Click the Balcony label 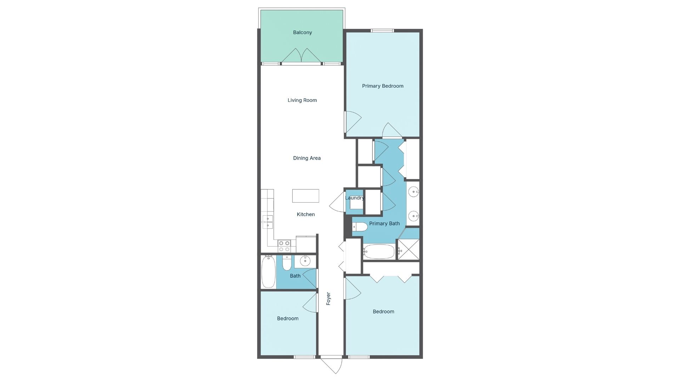[302, 33]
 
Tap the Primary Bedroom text [382, 86]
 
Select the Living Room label [302, 100]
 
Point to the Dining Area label [307, 158]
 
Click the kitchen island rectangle [305, 196]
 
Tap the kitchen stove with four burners [284, 246]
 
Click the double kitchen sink [267, 222]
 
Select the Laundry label [355, 198]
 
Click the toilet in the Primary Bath [360, 227]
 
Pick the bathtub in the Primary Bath [379, 251]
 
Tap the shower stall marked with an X [408, 249]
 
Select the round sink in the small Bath [305, 261]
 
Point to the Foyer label [328, 299]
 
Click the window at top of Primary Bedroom [382, 31]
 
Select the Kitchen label [306, 214]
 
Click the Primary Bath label [384, 224]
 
